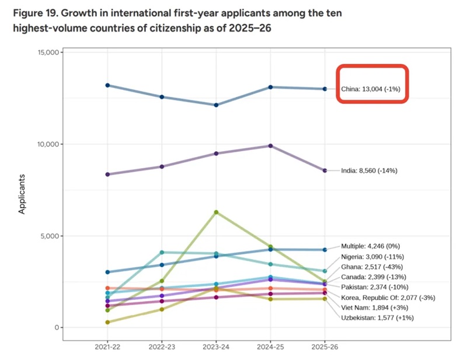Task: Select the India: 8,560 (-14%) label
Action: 369,171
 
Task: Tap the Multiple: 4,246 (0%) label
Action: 370,246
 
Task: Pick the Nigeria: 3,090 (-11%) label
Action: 372,256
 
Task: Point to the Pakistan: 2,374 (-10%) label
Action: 374,287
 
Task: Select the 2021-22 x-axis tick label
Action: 107,347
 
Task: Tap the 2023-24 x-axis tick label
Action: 216,347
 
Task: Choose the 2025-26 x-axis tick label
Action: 325,347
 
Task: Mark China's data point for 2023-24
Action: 216,105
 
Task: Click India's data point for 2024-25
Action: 270,146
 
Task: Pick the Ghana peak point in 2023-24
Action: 216,212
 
